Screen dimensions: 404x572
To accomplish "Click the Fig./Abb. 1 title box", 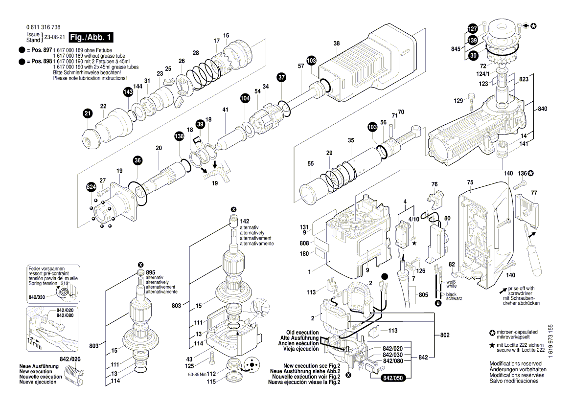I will click(91, 38).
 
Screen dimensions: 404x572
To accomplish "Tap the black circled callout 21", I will click(87, 114).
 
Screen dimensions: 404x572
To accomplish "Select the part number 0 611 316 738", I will click(44, 28).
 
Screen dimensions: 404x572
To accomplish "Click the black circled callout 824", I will click(91, 187).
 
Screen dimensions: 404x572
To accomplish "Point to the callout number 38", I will click(337, 44).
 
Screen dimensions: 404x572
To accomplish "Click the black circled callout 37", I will click(281, 77).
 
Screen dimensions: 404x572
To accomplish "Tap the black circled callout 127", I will click(472, 28).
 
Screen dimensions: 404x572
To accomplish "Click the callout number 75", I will click(470, 182).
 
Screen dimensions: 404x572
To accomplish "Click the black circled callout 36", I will click(137, 160).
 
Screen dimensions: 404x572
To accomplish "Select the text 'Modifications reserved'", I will click(515, 364).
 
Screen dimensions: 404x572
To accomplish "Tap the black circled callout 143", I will click(128, 92).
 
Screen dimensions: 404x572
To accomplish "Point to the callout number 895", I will click(150, 272).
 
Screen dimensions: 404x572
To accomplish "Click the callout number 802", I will click(444, 335).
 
